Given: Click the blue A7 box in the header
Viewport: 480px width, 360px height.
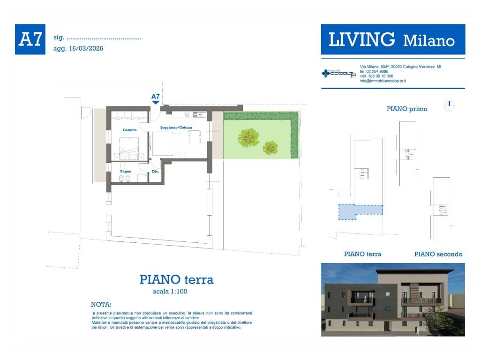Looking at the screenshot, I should pos(30,39).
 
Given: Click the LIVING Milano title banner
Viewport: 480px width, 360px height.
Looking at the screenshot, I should pos(393,40).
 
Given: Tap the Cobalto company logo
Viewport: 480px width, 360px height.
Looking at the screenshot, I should pos(339,74).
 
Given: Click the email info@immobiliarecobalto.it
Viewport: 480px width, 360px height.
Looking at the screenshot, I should pos(382,81).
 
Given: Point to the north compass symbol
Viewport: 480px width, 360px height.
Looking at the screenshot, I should pos(449,106).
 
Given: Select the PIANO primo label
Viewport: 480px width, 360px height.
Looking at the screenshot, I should pos(407,109).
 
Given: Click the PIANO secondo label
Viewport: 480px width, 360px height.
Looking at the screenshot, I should pos(438,254).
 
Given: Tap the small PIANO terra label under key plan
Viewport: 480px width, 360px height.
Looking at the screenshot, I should pos(362,254).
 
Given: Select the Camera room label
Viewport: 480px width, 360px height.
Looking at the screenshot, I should pos(130,130).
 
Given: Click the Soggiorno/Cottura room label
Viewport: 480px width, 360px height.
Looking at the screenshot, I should pos(176,127).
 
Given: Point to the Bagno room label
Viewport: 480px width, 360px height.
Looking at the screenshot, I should pos(125,172).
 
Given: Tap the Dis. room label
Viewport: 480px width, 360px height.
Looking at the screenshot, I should pos(156,172).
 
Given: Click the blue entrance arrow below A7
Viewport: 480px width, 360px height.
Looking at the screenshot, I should pos(155,102).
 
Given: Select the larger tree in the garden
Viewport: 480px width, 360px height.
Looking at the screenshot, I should pos(248,137).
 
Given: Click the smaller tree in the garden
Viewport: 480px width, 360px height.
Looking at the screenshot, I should pos(270,148).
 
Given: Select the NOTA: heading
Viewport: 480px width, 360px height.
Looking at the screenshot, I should pos(101,304).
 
